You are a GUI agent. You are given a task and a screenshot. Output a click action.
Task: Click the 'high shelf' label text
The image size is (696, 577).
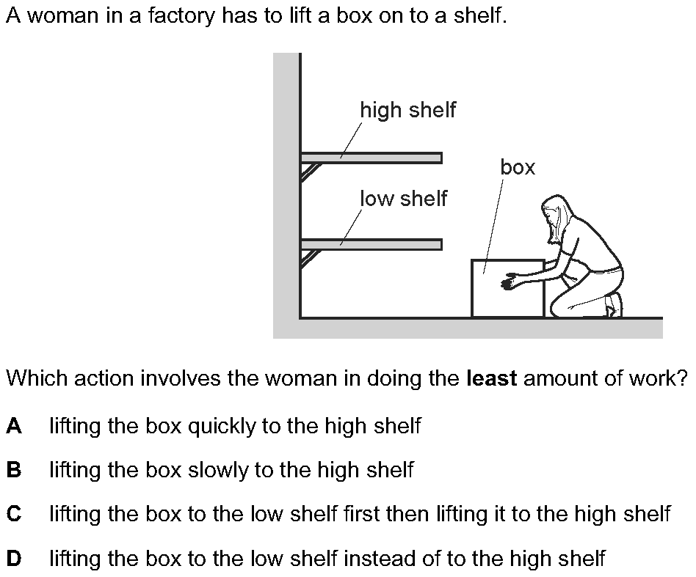click(x=407, y=110)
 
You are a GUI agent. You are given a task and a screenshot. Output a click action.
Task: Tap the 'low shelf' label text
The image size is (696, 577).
click(x=403, y=198)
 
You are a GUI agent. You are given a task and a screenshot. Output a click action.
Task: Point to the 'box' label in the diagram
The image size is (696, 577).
click(x=518, y=168)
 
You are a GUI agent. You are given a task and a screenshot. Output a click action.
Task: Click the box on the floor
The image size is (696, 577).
click(x=507, y=289)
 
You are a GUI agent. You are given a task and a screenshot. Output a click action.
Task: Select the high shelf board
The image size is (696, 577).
click(x=371, y=158)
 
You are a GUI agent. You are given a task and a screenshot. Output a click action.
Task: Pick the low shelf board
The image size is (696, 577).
click(x=371, y=244)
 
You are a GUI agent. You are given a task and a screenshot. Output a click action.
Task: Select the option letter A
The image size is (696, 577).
click(x=13, y=426)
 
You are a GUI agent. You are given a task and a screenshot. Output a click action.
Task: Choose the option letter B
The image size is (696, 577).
click(x=13, y=470)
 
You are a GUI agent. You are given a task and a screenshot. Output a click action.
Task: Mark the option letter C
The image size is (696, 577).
click(x=13, y=514)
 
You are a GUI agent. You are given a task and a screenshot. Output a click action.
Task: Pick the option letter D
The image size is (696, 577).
click(x=13, y=559)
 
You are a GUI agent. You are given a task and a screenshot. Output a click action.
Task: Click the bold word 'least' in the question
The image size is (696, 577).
click(x=492, y=379)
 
